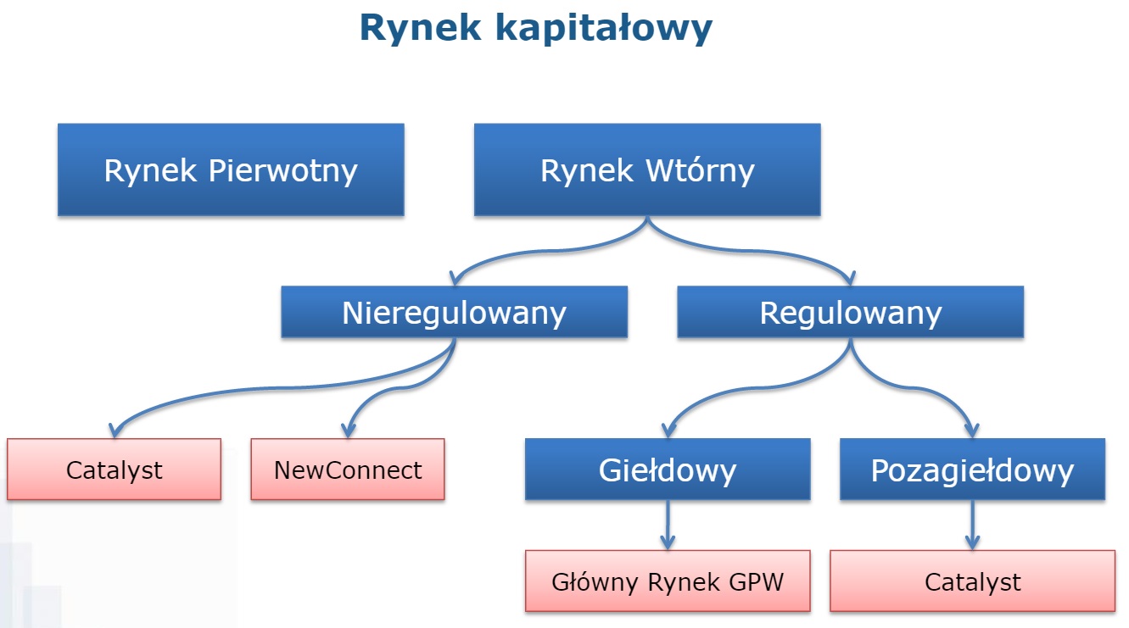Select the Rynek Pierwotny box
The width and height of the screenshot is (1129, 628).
[231, 170]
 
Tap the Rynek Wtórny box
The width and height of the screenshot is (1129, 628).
[647, 170]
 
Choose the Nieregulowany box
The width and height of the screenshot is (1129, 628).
[454, 313]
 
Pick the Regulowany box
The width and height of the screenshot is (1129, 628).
[850, 313]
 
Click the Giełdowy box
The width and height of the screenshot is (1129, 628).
[668, 470]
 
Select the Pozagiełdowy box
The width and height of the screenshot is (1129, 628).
[972, 470]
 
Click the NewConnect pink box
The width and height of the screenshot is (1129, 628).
[348, 470]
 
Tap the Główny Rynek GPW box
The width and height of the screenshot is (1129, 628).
[668, 581]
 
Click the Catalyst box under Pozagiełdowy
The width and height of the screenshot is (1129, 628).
[972, 581]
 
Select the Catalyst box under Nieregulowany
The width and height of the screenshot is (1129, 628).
[114, 470]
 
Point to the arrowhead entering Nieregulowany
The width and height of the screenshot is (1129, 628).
[456, 278]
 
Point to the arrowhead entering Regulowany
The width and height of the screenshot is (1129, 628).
[849, 278]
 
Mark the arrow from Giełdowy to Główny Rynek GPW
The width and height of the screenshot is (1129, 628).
[668, 525]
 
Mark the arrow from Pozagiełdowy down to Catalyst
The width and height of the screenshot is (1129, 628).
[972, 525]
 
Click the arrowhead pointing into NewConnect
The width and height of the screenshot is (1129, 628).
[348, 430]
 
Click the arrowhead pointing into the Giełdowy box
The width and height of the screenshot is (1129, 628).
[668, 430]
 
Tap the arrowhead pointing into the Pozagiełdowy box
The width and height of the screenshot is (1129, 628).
[972, 430]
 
